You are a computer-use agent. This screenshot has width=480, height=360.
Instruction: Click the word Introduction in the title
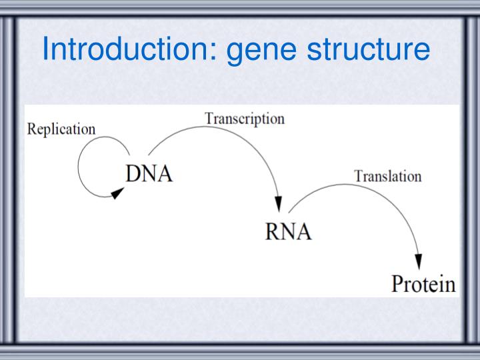[x=127, y=49]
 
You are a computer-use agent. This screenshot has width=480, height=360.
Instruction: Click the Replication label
[x=61, y=129]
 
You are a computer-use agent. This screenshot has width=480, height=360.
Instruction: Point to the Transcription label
[x=245, y=119]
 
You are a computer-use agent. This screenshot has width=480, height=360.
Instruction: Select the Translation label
[x=387, y=177]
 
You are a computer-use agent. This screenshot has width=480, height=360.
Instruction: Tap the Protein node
[x=423, y=284]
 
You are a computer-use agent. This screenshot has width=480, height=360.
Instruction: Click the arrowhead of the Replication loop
[x=117, y=193]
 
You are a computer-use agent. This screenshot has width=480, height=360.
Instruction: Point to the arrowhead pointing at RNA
[x=279, y=204]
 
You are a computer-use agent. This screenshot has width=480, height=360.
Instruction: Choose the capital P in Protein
[x=397, y=284]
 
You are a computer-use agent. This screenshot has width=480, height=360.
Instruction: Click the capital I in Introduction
[x=46, y=49]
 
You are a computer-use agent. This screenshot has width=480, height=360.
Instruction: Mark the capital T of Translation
[x=358, y=177]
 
